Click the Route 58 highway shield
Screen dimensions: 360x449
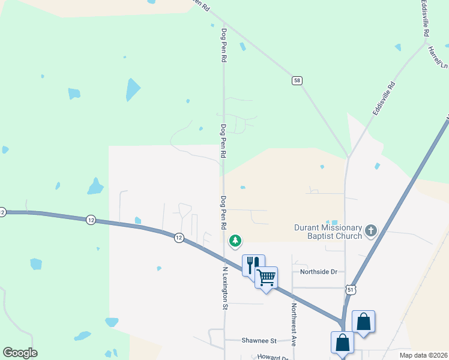click(297, 80)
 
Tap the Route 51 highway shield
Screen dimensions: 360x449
click(351, 290)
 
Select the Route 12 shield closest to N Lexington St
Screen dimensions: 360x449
click(179, 238)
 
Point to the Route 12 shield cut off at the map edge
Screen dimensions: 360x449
click(2, 212)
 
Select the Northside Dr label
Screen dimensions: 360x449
click(319, 272)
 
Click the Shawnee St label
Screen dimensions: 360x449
click(259, 341)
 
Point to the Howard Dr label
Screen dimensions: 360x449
click(273, 357)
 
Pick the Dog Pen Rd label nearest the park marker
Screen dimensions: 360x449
click(223, 213)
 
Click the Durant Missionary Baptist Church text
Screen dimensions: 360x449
click(328, 232)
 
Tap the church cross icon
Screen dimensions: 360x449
click(371, 230)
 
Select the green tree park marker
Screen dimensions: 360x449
click(236, 241)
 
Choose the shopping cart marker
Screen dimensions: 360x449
click(266, 277)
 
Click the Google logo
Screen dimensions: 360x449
click(20, 353)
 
